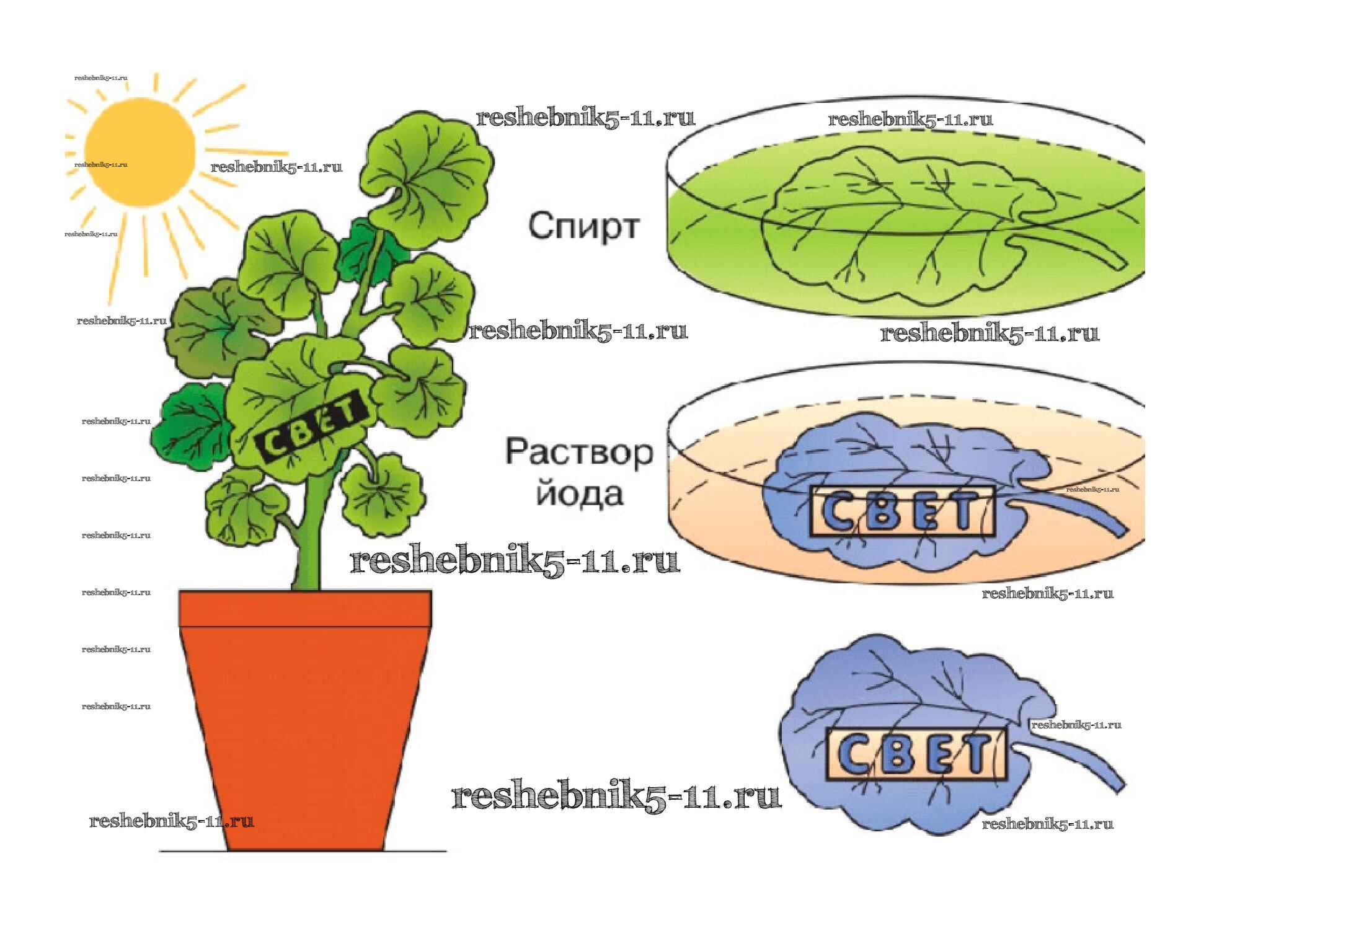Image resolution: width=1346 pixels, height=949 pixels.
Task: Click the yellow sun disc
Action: coord(139,152)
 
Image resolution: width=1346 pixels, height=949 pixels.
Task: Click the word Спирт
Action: coord(583,226)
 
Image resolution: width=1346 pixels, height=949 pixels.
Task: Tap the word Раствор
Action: coord(579,452)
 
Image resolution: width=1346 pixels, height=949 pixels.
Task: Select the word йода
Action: coord(580,495)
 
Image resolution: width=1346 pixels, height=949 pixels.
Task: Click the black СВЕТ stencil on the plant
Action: coord(308,426)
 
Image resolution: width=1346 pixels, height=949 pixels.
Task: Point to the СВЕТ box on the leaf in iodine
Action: coord(901,511)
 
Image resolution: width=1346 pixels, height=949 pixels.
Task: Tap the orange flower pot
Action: coord(304,731)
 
